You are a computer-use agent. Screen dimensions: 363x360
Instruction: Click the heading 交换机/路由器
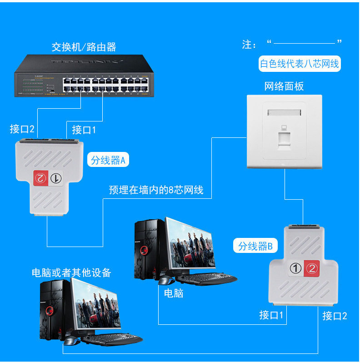coord(84,47)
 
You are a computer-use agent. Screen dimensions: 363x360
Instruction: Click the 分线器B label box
coord(255,246)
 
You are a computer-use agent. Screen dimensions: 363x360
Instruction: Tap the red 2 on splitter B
coord(311,268)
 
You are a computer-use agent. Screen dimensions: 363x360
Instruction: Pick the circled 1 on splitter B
coord(296,268)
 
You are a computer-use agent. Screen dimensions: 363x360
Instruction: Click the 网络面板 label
coord(284,86)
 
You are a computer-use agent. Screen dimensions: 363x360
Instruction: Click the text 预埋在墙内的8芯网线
coord(156,190)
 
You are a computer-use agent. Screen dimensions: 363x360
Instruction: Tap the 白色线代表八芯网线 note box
coord(299,64)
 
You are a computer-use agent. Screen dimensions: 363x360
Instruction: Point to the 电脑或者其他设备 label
coord(71,272)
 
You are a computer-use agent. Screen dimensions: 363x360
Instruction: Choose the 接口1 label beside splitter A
coord(84,130)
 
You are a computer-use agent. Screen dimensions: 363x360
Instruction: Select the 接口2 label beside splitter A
coord(22,129)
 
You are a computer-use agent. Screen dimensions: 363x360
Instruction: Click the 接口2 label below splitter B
coord(335,316)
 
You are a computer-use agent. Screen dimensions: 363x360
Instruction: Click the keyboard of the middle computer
coord(207,277)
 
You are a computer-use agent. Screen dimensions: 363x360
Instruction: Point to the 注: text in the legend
coord(250,45)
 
